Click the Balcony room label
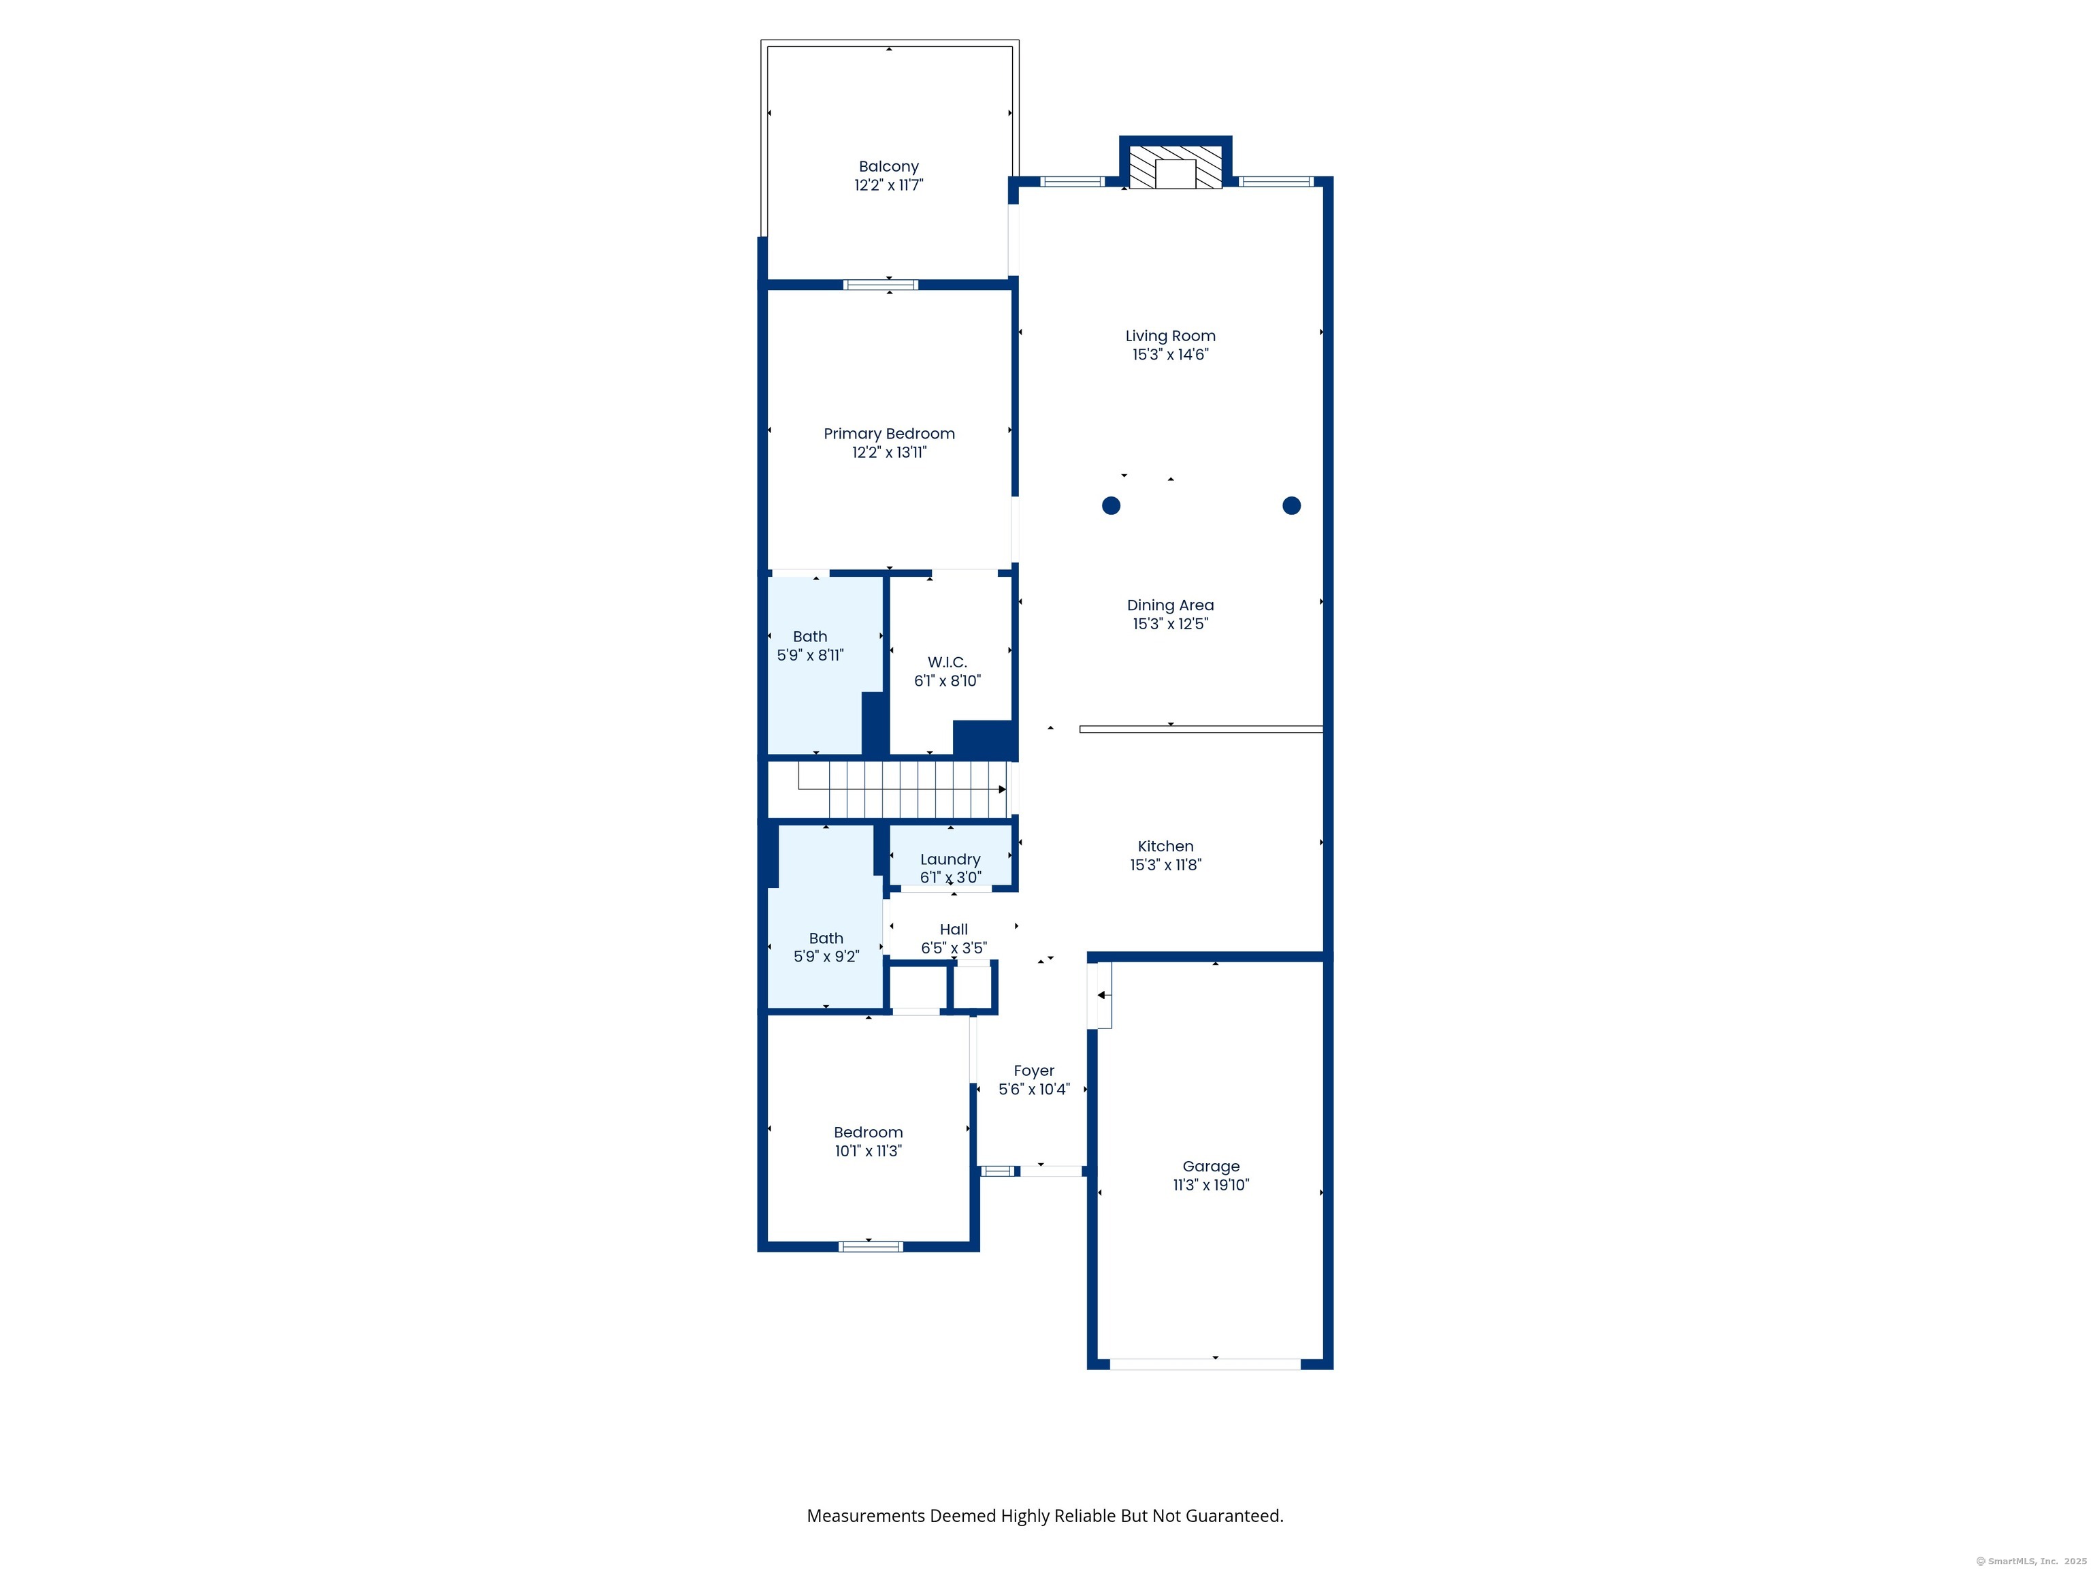point(888,166)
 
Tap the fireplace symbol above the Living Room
point(1176,168)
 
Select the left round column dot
point(1112,505)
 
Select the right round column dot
point(1291,505)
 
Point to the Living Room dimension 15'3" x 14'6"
point(1170,355)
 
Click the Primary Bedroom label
point(888,434)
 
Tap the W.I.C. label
point(947,662)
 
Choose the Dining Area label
point(1170,605)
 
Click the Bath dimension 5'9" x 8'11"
point(810,654)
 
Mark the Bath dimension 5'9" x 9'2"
point(826,956)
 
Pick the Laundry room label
point(950,859)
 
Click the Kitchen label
point(1165,846)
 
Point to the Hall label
point(954,930)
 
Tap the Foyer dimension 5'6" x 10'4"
point(1034,1090)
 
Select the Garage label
point(1211,1167)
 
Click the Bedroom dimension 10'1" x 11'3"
point(868,1151)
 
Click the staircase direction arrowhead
point(1002,790)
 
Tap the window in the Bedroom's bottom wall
point(871,1246)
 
